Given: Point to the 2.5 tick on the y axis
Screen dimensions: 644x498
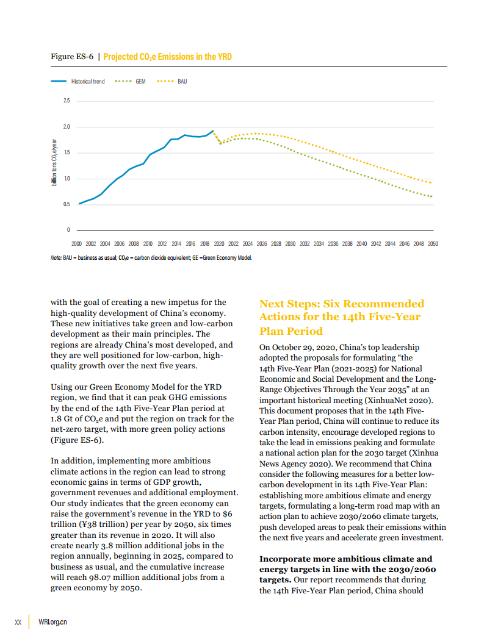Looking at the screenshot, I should tap(67, 101).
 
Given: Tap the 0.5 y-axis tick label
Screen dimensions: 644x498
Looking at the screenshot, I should tap(67, 204).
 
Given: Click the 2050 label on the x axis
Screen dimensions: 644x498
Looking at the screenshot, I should tap(433, 243).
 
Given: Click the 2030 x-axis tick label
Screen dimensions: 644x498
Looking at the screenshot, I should tap(290, 243).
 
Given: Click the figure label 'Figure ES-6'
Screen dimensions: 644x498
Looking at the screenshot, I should tap(71, 57).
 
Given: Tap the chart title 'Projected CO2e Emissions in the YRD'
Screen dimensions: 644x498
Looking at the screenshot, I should tap(167, 57).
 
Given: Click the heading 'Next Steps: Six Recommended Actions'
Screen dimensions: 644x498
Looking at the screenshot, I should tap(341, 317).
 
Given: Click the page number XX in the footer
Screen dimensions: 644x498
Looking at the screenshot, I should tap(18, 623).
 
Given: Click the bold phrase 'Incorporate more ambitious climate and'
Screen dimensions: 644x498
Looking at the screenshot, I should tap(345, 559).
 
